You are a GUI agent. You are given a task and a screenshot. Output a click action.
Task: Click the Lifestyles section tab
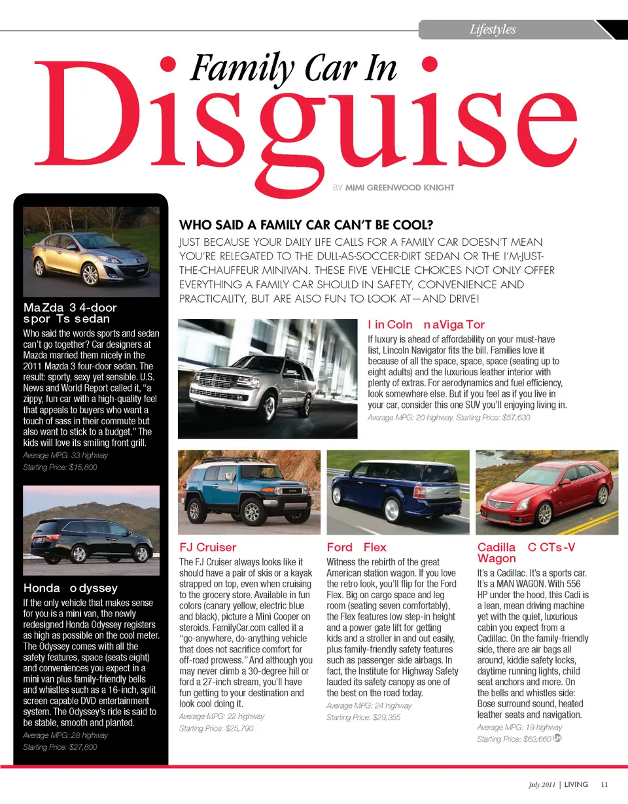493,29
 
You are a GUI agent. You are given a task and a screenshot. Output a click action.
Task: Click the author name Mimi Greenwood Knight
399,188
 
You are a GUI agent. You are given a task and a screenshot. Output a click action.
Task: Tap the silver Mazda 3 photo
91,252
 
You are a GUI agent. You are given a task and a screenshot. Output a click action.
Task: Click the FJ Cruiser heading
207,547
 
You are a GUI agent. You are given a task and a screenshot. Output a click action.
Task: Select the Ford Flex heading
357,547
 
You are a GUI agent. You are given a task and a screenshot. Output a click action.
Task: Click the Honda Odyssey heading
71,588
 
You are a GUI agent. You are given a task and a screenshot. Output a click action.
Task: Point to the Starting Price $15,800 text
60,467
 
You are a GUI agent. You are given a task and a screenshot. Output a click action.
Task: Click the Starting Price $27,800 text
60,747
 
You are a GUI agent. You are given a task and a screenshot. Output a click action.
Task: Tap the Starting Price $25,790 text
216,728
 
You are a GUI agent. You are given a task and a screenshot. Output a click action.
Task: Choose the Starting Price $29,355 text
364,718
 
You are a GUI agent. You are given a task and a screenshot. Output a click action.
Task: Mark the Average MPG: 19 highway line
519,727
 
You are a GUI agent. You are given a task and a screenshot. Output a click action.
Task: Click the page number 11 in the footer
604,784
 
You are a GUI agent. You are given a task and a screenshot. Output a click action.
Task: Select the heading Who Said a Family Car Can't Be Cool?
306,226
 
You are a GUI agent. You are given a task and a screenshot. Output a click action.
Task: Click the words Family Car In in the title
293,67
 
